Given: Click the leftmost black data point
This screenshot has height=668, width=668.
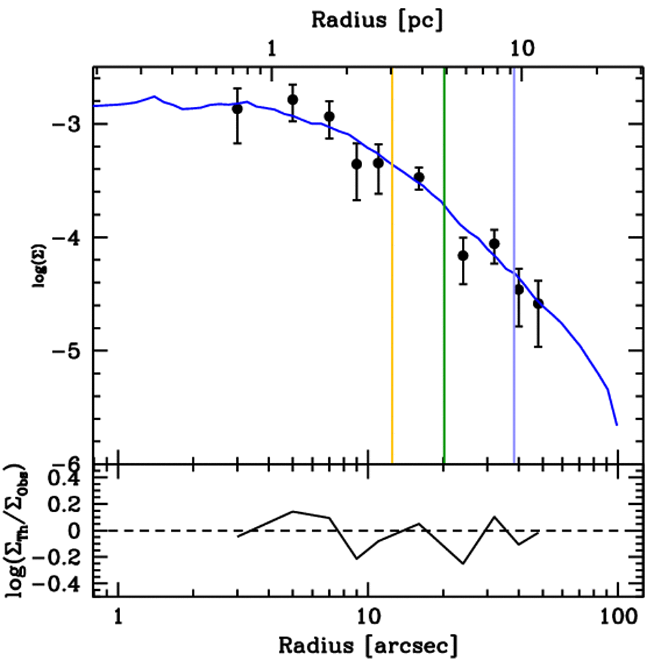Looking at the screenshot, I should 237,108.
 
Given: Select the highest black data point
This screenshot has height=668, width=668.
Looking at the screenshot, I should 293,99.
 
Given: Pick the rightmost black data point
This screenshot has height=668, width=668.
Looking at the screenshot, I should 538,303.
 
